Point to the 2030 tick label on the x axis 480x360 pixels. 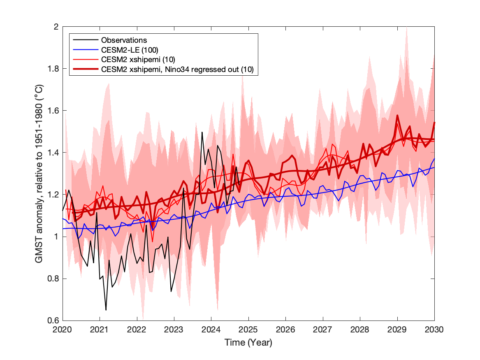click(434, 330)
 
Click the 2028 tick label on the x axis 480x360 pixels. click(360, 330)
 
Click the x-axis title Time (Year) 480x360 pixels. click(248, 342)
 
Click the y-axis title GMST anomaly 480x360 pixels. click(39, 173)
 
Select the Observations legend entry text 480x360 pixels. click(124, 40)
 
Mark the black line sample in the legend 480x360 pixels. click(85, 40)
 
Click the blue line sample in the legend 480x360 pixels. click(85, 50)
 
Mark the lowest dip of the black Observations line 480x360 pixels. click(106, 309)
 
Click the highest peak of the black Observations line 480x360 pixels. click(202, 132)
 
